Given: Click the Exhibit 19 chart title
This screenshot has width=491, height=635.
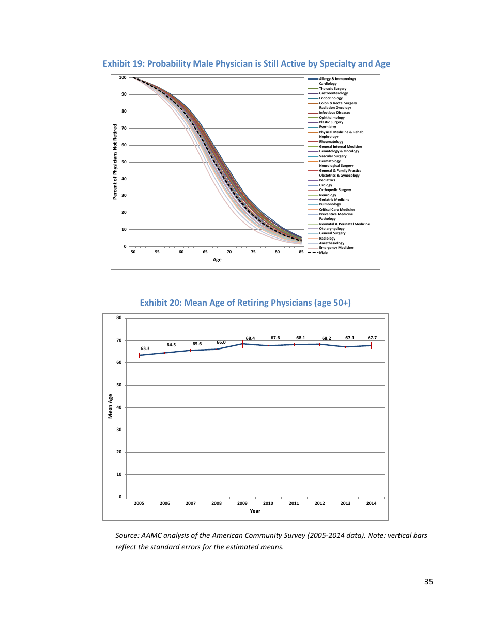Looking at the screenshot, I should pyautogui.click(x=246, y=63).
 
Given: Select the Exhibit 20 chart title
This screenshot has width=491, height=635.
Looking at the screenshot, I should pyautogui.click(x=245, y=303).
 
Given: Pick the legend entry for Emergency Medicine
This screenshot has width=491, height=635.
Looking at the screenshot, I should pyautogui.click(x=336, y=248).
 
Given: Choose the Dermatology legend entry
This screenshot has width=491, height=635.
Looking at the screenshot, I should pyautogui.click(x=330, y=161).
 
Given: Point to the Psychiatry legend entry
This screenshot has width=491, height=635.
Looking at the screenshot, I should pyautogui.click(x=327, y=127).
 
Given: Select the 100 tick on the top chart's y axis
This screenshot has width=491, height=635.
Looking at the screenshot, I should pyautogui.click(x=122, y=77).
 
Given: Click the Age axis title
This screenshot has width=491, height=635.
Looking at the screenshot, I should pyautogui.click(x=217, y=260).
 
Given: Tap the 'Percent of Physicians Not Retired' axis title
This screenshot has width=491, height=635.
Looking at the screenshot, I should pyautogui.click(x=115, y=162).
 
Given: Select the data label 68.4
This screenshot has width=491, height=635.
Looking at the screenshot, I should pyautogui.click(x=250, y=338).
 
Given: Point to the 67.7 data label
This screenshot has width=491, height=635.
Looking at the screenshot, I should pyautogui.click(x=372, y=338).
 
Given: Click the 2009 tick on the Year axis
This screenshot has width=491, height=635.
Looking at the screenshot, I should pyautogui.click(x=242, y=503).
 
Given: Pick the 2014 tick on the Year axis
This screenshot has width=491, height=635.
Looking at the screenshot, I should pyautogui.click(x=371, y=503).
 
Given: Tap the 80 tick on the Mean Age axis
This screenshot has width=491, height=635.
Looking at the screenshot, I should pyautogui.click(x=119, y=317).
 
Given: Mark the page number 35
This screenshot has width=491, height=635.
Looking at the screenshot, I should pyautogui.click(x=428, y=582).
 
